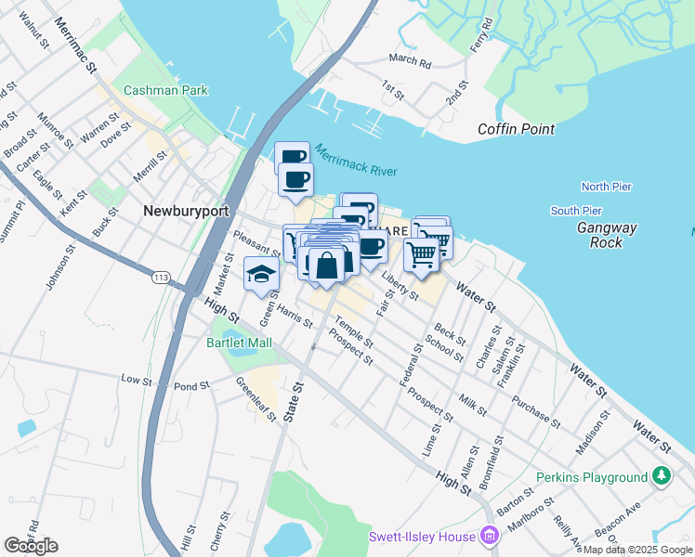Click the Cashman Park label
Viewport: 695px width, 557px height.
pyautogui.click(x=166, y=91)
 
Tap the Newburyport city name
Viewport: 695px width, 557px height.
pyautogui.click(x=186, y=211)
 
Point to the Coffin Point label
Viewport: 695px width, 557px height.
pyautogui.click(x=517, y=130)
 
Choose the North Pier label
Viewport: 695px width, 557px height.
pyautogui.click(x=606, y=187)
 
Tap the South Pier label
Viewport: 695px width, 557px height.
pyautogui.click(x=576, y=211)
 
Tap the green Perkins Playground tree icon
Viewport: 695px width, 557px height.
pyautogui.click(x=661, y=476)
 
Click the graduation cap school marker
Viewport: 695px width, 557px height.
pyautogui.click(x=261, y=273)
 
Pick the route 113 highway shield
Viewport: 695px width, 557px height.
pyautogui.click(x=162, y=278)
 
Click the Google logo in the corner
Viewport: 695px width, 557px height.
pyautogui.click(x=31, y=546)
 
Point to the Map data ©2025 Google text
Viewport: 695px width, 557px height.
pyautogui.click(x=638, y=550)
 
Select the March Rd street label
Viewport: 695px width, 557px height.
pyautogui.click(x=410, y=60)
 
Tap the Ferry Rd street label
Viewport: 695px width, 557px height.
pyautogui.click(x=480, y=33)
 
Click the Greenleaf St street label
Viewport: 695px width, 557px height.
pyautogui.click(x=256, y=398)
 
